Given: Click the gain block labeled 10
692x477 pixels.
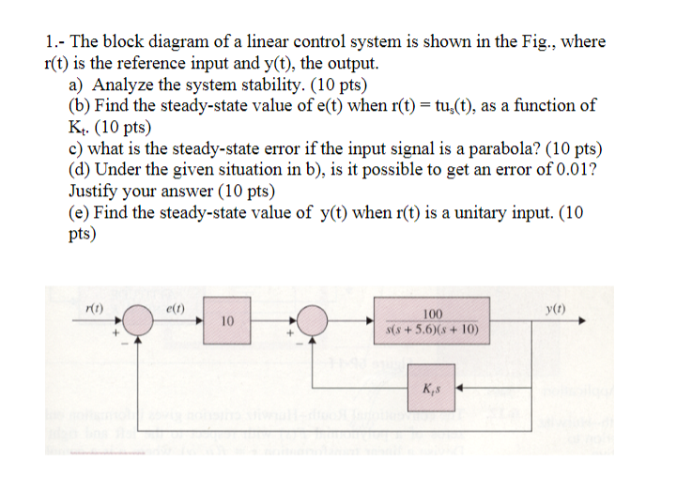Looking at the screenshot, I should coord(228,322).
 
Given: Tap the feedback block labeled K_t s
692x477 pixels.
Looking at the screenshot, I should coord(433,388).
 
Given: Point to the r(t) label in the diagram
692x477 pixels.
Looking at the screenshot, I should coord(95,307).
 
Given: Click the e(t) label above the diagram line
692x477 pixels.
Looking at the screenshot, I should coord(175,307).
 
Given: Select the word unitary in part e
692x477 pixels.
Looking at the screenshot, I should coord(464,212).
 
